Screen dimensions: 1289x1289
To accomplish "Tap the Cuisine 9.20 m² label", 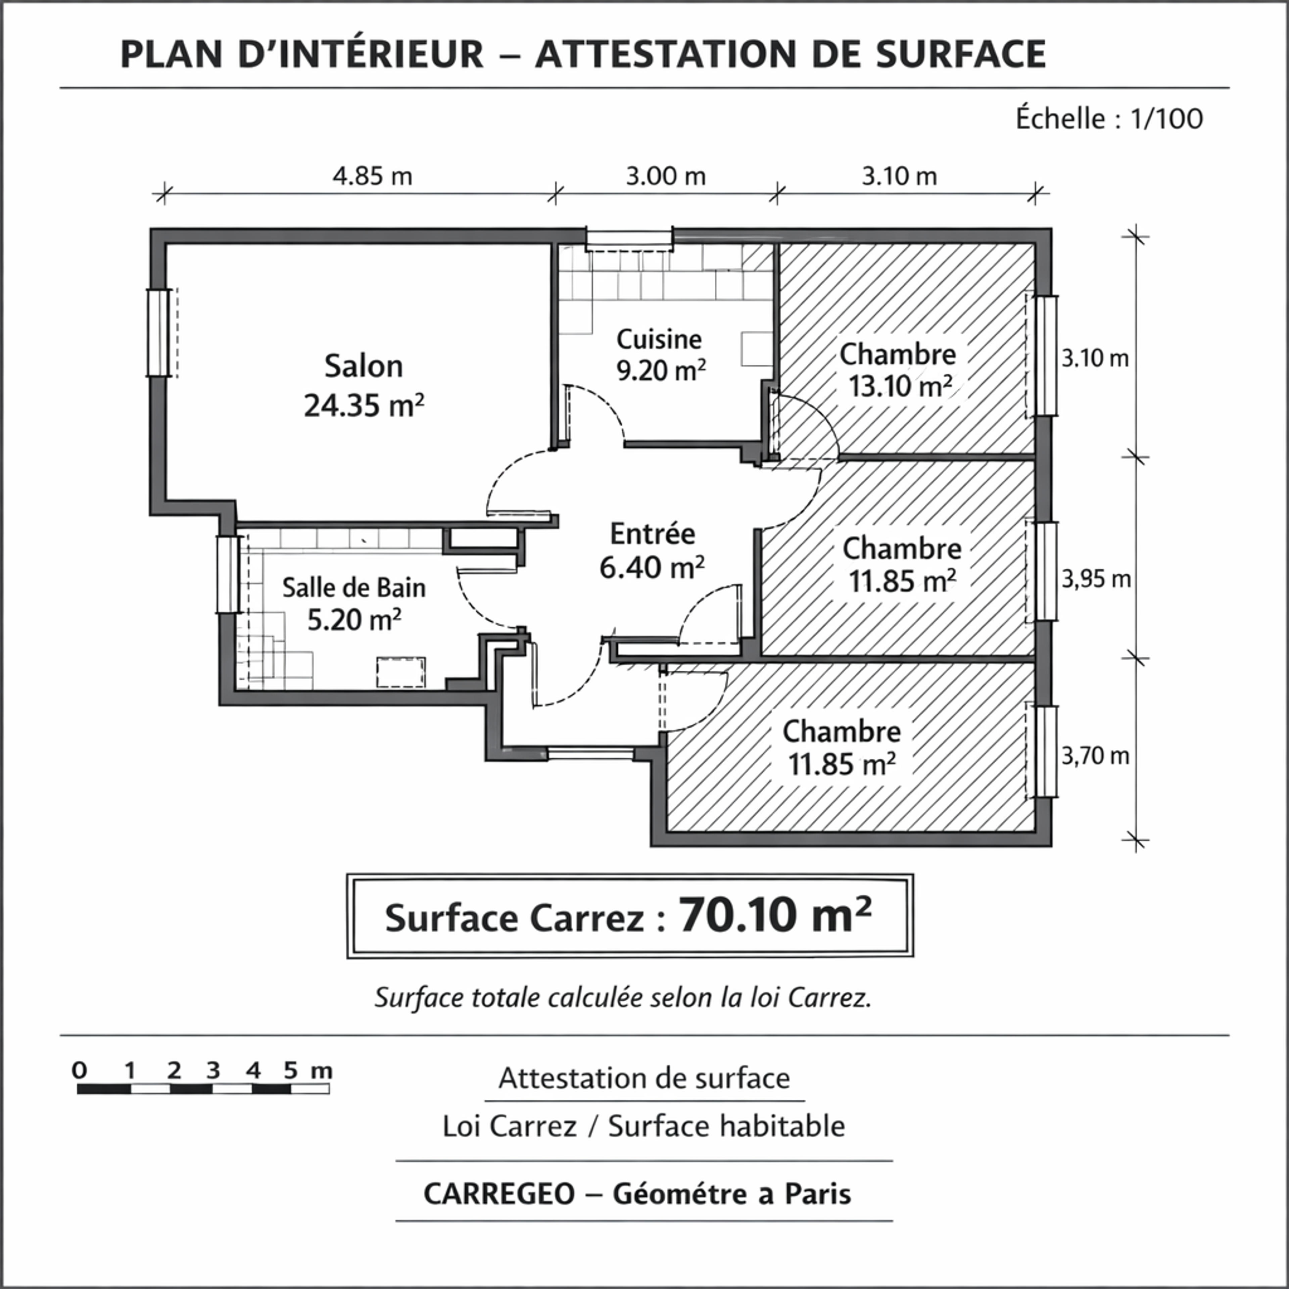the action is (661, 355).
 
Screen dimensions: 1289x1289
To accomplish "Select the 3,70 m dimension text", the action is (1096, 756).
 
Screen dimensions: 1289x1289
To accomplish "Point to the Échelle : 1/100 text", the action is (1109, 119).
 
